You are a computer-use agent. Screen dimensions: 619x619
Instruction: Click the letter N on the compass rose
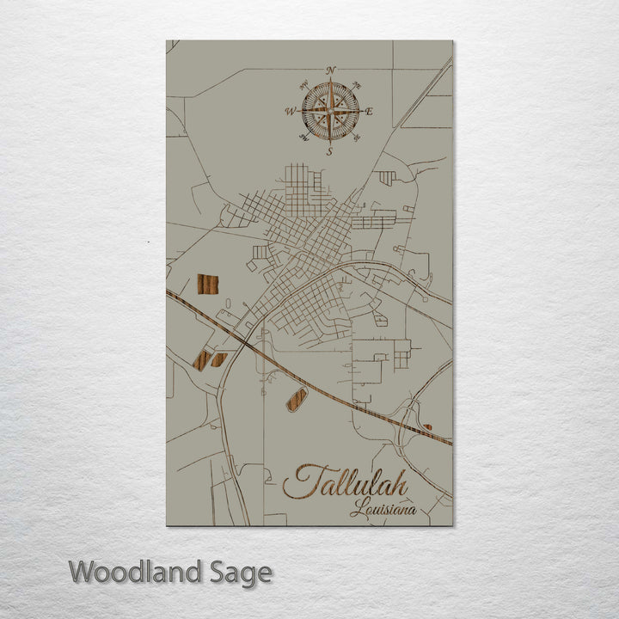point(331,70)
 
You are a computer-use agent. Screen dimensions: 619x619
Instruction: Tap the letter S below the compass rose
point(330,151)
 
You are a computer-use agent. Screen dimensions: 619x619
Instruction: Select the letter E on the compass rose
point(370,112)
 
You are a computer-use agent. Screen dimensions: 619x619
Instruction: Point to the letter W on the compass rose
point(291,111)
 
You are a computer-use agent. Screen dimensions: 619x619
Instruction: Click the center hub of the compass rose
point(330,111)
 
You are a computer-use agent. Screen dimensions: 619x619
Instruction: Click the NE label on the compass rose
point(356,85)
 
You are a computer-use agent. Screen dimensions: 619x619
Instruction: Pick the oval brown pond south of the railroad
point(297,400)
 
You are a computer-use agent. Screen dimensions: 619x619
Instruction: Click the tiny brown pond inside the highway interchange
point(427,426)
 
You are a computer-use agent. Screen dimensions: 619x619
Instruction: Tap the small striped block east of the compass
point(387,178)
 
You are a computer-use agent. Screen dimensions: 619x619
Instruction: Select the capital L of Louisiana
point(356,509)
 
